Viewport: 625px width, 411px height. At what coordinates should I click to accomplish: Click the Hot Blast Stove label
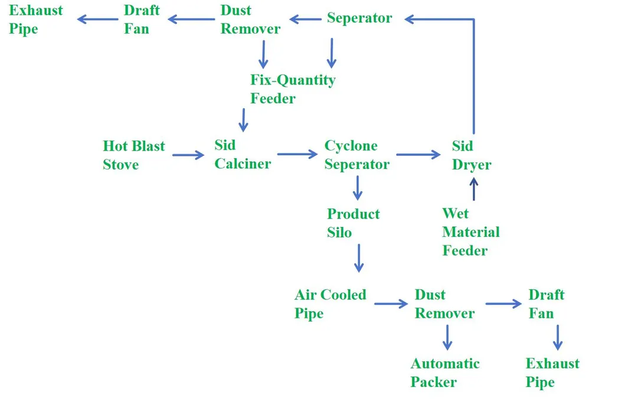pos(134,155)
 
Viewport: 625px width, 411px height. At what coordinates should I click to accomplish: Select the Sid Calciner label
pos(243,155)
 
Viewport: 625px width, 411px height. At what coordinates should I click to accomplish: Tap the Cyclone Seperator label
pos(357,155)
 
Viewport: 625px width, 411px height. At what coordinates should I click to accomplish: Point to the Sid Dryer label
pos(472,155)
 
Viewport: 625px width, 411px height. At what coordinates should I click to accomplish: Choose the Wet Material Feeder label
pos(470,232)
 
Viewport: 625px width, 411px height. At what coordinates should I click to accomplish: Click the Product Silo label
pos(354,223)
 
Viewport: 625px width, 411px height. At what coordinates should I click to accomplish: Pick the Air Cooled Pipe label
pos(331,304)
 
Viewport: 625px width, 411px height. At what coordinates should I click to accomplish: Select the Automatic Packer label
pos(445,373)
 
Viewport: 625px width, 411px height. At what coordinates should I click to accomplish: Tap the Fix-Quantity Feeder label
pos(293,89)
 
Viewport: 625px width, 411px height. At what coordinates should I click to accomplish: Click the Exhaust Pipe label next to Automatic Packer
pos(552,373)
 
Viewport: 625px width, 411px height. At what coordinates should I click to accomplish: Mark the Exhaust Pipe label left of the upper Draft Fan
pos(36,19)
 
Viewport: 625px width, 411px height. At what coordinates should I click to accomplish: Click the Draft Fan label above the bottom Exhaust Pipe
pos(547,304)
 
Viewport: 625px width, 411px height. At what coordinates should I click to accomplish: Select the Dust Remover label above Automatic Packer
pos(444,304)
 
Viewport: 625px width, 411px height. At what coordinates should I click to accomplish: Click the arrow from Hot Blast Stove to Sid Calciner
pos(188,155)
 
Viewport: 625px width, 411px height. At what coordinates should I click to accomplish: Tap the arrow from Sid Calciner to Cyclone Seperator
pos(297,155)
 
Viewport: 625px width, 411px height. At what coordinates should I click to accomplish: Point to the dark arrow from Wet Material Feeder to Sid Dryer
pos(473,190)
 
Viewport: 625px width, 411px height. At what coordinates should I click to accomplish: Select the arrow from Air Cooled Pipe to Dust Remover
pos(390,304)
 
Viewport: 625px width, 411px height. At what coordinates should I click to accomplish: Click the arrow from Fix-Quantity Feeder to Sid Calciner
pos(243,120)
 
